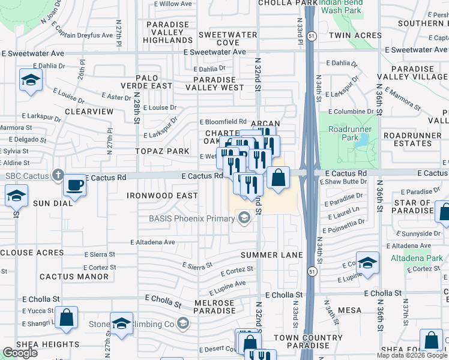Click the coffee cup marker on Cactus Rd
(x=74, y=185)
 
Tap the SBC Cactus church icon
(x=57, y=176)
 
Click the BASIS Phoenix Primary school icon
(x=244, y=218)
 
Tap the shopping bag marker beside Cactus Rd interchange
(x=278, y=178)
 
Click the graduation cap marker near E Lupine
(x=367, y=263)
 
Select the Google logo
(x=20, y=353)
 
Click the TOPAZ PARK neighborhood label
(x=163, y=151)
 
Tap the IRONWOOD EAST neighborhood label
(x=162, y=196)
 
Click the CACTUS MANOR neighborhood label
(x=74, y=277)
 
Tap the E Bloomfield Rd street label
(x=223, y=121)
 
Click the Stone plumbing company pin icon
(x=183, y=325)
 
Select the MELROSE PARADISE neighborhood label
(x=214, y=307)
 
